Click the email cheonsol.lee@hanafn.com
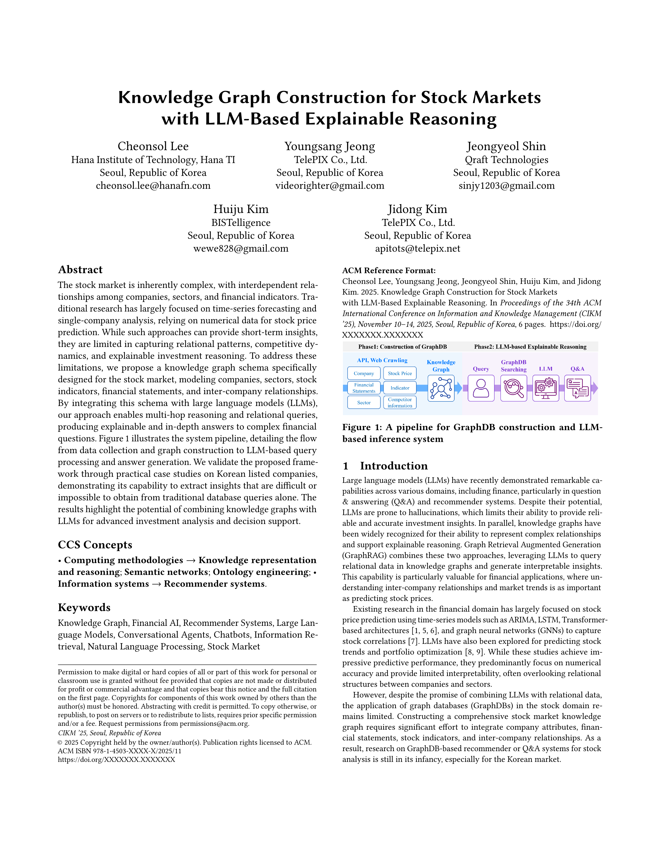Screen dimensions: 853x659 coord(153,186)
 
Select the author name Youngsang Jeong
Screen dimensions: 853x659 coord(329,147)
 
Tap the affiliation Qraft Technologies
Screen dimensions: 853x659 coord(506,160)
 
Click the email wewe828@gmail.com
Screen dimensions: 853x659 coord(241,248)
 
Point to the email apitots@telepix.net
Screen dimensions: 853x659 coord(417,248)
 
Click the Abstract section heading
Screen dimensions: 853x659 coord(80,270)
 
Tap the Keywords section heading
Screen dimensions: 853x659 coord(84,607)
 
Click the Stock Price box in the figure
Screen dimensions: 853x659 coord(400,374)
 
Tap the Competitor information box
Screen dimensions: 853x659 coord(400,402)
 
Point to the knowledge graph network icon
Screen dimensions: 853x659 coord(441,388)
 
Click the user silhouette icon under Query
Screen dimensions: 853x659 coord(481,388)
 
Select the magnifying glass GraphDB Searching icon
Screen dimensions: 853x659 coord(514,388)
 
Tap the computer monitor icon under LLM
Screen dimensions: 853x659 coord(545,388)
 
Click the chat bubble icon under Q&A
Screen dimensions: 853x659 coord(577,388)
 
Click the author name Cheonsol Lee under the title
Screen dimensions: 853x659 coord(153,147)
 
